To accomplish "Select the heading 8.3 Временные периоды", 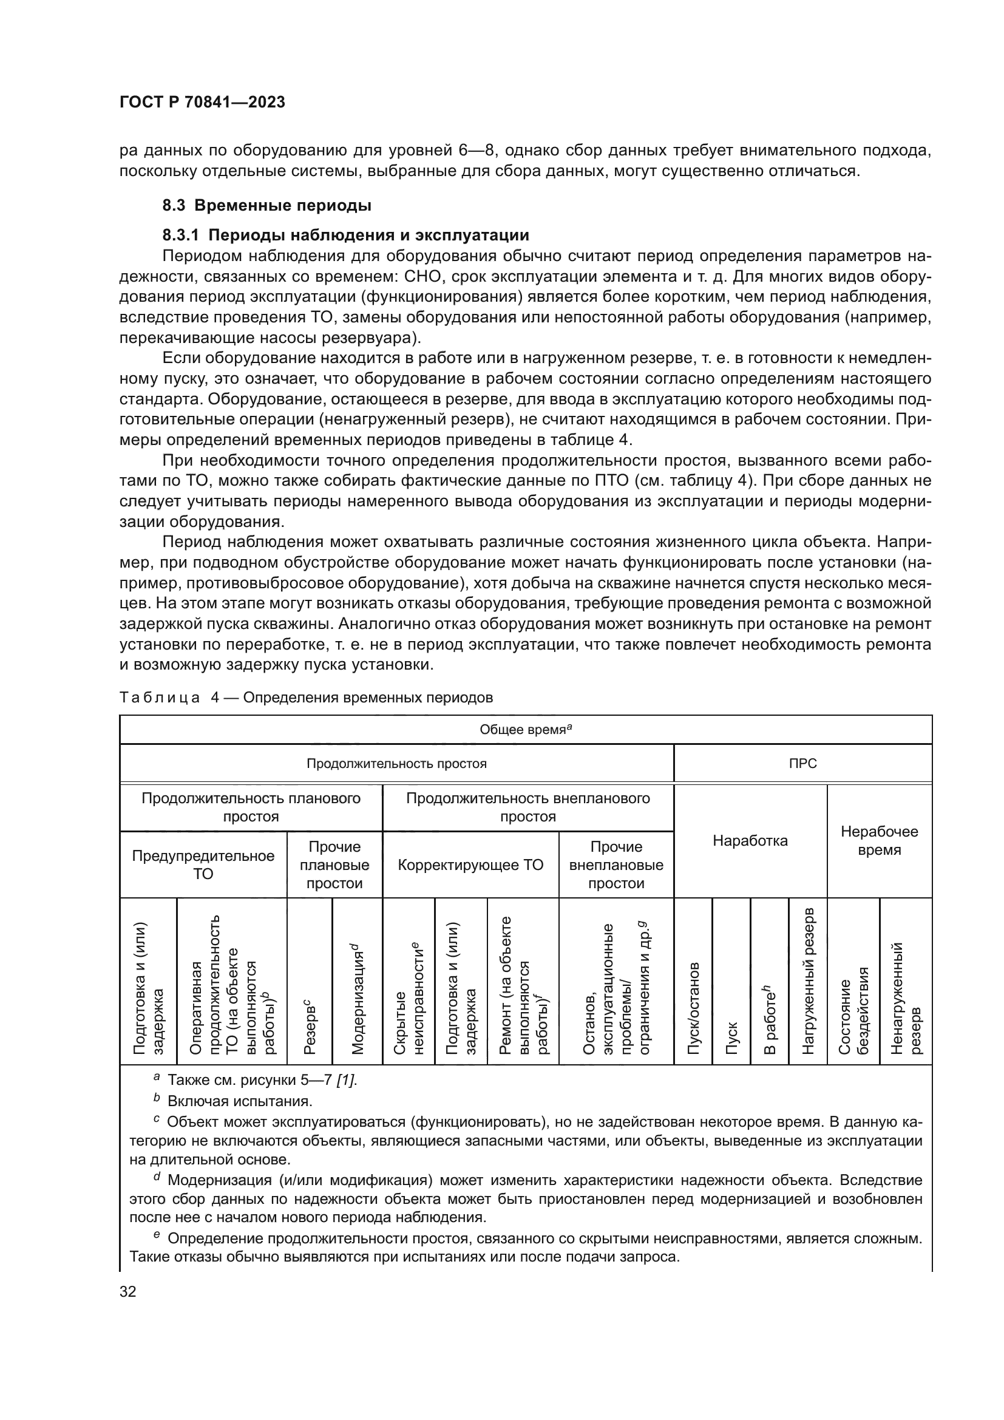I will pos(266,205).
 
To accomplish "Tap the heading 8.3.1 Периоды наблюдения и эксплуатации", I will pos(345,235).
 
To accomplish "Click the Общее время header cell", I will pos(526,730).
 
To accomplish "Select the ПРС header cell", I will pos(802,764).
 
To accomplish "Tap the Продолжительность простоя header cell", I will pos(396,764).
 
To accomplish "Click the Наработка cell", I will pos(750,841).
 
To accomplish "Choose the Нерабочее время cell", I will pos(879,840).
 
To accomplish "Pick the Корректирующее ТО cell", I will pos(470,865).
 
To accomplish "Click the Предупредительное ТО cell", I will pos(203,865).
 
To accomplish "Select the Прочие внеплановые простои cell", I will pos(616,865).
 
